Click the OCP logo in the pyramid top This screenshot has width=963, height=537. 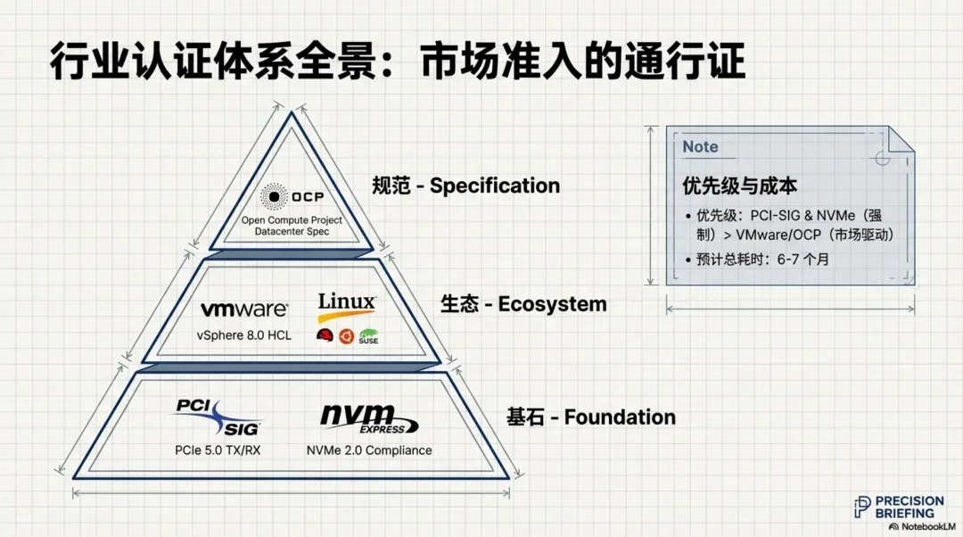(x=290, y=195)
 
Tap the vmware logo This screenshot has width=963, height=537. (x=243, y=310)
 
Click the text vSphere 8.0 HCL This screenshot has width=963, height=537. (x=243, y=336)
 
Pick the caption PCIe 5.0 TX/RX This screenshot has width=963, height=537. (x=218, y=450)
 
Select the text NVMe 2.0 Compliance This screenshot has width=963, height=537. (x=369, y=450)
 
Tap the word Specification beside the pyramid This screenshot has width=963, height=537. (x=495, y=186)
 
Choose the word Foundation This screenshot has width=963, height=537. (x=620, y=417)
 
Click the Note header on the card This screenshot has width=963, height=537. (x=700, y=146)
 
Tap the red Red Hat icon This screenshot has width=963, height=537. (x=325, y=335)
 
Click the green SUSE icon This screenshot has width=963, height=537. (x=367, y=336)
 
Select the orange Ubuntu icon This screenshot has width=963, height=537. (x=346, y=335)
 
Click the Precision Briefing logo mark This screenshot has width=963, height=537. (x=862, y=508)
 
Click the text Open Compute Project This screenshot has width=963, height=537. (x=291, y=219)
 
